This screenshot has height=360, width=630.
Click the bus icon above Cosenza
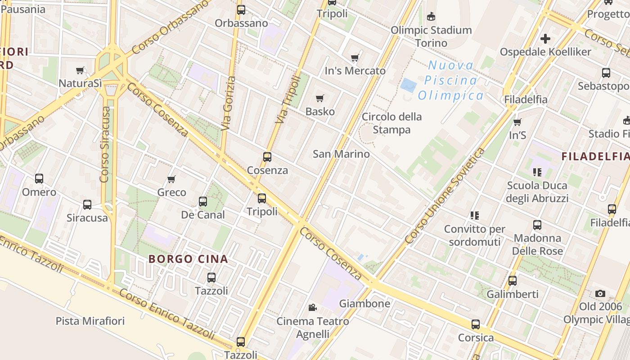pyautogui.click(x=267, y=157)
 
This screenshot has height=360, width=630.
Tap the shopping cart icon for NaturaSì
pyautogui.click(x=80, y=70)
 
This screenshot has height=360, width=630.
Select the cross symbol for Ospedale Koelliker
pyautogui.click(x=545, y=39)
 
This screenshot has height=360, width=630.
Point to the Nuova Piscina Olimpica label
pyautogui.click(x=450, y=81)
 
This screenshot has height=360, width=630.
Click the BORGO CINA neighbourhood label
pyautogui.click(x=188, y=259)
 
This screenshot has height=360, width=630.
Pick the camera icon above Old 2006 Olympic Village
pyautogui.click(x=600, y=293)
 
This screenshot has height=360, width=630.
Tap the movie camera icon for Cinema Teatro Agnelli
pyautogui.click(x=312, y=308)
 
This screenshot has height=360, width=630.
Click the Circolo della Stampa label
pyautogui.click(x=392, y=123)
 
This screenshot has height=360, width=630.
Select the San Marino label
pyautogui.click(x=341, y=154)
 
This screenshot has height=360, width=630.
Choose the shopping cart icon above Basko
pyautogui.click(x=320, y=98)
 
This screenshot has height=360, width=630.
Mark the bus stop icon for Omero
pyautogui.click(x=39, y=179)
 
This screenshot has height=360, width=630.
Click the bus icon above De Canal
pyautogui.click(x=203, y=201)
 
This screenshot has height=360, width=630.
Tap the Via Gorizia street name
pyautogui.click(x=229, y=103)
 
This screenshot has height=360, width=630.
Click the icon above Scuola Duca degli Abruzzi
pyautogui.click(x=537, y=172)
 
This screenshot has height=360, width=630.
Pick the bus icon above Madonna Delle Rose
pyautogui.click(x=537, y=225)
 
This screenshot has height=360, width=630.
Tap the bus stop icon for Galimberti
pyautogui.click(x=513, y=281)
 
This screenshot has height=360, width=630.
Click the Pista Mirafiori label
pyautogui.click(x=90, y=321)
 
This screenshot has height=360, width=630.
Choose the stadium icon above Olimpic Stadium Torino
pyautogui.click(x=431, y=17)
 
